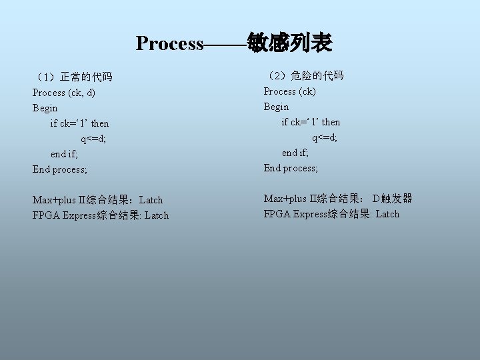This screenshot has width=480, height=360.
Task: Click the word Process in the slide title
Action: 169,44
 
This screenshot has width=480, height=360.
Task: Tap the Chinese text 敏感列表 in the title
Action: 289,43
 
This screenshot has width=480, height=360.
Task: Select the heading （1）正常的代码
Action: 73,77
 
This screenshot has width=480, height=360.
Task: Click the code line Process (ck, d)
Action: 64,93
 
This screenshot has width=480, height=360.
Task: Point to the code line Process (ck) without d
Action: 290,91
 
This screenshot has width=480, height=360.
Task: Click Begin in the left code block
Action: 45,108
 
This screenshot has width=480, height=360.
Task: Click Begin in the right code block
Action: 277,107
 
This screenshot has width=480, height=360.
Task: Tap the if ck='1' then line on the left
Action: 79,123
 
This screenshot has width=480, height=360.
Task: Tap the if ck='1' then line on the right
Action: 311,122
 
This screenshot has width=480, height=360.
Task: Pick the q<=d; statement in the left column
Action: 93,139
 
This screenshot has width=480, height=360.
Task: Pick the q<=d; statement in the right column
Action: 325,137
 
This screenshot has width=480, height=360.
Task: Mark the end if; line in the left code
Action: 64,154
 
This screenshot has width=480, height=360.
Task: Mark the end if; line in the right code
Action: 295,153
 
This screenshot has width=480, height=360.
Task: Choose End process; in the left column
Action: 60,169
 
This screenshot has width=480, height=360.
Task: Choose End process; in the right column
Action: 291,168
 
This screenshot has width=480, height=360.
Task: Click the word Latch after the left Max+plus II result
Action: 151,200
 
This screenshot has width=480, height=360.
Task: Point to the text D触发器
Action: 393,199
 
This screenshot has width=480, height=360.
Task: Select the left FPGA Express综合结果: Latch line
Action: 101,215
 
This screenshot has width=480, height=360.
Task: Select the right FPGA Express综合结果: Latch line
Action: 332,214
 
